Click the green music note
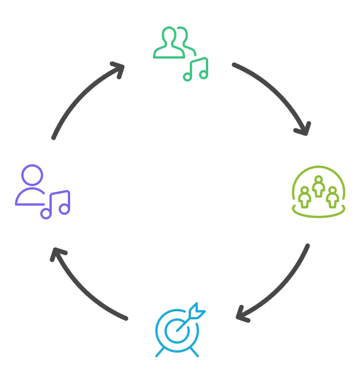tap(196, 70)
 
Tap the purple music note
tap(56, 204)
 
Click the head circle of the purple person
tap(32, 175)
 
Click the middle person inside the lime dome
tap(318, 186)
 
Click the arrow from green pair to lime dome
tap(276, 92)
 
